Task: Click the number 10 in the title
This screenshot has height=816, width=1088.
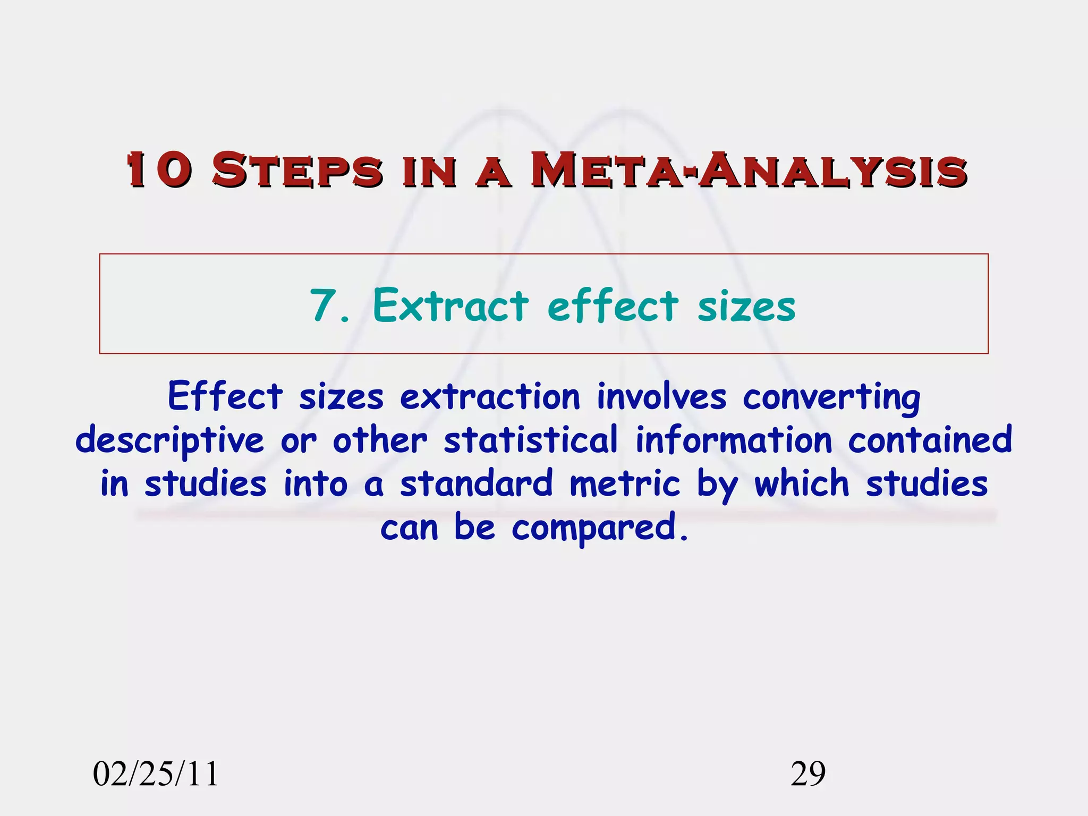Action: (x=158, y=170)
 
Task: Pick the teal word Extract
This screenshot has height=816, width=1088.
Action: (x=450, y=305)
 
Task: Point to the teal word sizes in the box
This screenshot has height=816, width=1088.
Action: (x=746, y=307)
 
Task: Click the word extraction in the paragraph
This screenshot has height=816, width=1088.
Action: (x=490, y=397)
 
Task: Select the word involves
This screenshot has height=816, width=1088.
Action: (x=661, y=397)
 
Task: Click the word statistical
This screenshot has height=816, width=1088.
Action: (x=531, y=440)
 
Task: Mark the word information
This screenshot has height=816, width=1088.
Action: (x=734, y=440)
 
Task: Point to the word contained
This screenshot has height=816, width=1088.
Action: (x=930, y=440)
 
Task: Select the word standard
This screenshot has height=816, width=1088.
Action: (x=477, y=484)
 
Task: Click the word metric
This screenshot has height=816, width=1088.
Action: (x=625, y=484)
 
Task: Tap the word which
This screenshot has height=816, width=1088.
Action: (x=802, y=484)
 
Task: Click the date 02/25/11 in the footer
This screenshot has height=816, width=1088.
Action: (x=156, y=774)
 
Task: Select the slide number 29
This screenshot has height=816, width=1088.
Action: (x=808, y=774)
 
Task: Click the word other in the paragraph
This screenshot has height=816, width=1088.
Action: (x=380, y=440)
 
